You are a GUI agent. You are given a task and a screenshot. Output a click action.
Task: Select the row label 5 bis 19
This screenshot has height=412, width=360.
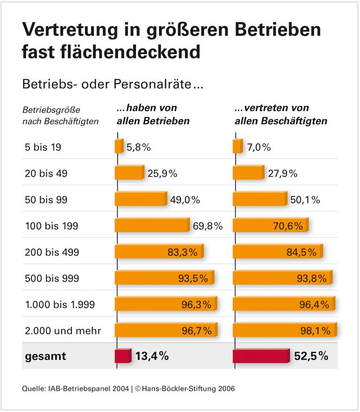(43, 147)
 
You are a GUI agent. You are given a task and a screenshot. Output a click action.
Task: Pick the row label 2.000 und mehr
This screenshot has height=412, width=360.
(63, 331)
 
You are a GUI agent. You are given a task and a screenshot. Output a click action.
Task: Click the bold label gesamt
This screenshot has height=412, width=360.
(45, 356)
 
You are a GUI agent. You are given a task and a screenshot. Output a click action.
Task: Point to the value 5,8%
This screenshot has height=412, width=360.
(138, 147)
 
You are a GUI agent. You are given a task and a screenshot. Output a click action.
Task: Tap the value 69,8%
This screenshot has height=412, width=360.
(208, 226)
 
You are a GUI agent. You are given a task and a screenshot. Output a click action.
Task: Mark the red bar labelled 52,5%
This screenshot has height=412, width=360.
(261, 356)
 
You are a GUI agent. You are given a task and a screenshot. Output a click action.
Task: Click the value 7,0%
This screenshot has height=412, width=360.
(259, 147)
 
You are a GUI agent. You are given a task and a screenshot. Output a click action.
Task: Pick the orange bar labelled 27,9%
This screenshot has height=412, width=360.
(248, 173)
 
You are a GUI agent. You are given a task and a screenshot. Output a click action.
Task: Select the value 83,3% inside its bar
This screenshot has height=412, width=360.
(182, 252)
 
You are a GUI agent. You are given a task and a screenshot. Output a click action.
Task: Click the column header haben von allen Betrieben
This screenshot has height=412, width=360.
(153, 114)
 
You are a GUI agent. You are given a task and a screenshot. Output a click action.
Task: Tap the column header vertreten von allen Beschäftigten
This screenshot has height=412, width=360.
(280, 114)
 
